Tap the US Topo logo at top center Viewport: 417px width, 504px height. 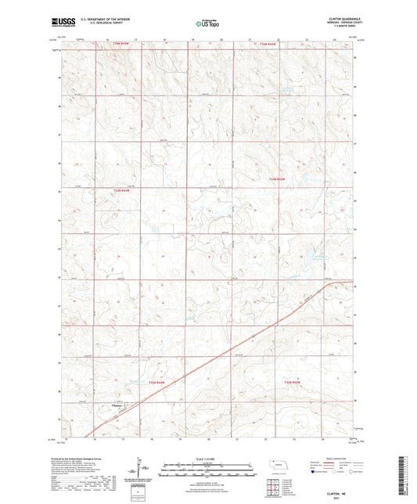(207, 23)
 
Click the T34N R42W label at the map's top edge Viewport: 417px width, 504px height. (268, 45)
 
